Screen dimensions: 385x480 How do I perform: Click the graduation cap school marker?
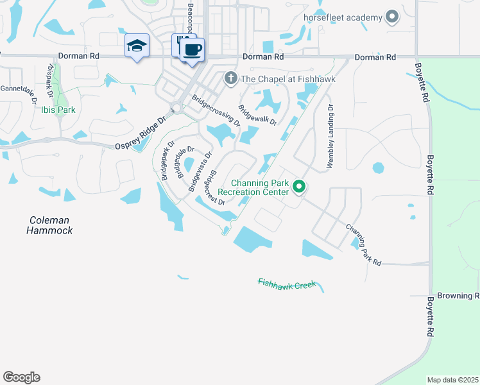pos(137,46)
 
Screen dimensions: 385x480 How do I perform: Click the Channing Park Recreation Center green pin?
pos(299,187)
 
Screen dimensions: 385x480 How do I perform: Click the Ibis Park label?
pos(58,110)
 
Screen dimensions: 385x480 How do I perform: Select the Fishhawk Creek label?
pos(287,283)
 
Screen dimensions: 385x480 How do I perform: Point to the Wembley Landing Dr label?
pos(330,136)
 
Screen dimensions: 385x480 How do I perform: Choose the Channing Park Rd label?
pos(364,245)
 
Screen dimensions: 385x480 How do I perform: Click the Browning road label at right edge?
pos(458,296)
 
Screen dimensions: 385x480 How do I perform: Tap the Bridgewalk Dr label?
pos(257,115)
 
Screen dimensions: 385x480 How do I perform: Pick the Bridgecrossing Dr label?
pos(216,110)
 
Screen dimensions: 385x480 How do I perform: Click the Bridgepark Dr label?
pos(167,160)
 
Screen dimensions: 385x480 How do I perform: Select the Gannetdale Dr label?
pos(18,92)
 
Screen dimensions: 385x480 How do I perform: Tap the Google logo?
pos(21,377)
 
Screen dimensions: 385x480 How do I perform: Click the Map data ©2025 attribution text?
pos(452,380)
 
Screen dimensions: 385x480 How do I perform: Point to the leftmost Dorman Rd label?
pos(78,56)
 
